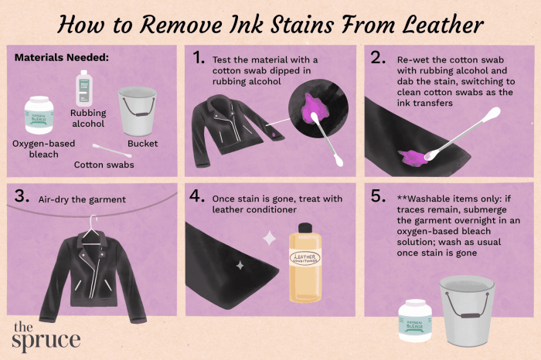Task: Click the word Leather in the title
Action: coord(444,25)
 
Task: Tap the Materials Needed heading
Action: coord(61,58)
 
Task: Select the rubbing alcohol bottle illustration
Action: coord(83,88)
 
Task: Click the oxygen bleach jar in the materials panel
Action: coord(39,115)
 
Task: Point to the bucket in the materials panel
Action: coord(138,111)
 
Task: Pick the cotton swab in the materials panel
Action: coord(112,151)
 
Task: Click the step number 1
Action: coord(199,58)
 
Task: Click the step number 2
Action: coord(378,58)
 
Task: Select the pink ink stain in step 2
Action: coord(413,158)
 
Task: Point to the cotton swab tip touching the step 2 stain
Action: coord(430,155)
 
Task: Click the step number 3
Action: coord(22,196)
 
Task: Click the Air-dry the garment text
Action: coord(82,199)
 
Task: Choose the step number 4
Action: coord(197,196)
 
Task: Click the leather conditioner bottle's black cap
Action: coord(305,228)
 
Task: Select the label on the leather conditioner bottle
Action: coord(305,258)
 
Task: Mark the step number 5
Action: coord(378,196)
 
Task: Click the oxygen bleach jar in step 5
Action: coord(415,321)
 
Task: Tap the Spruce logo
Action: coord(46,336)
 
